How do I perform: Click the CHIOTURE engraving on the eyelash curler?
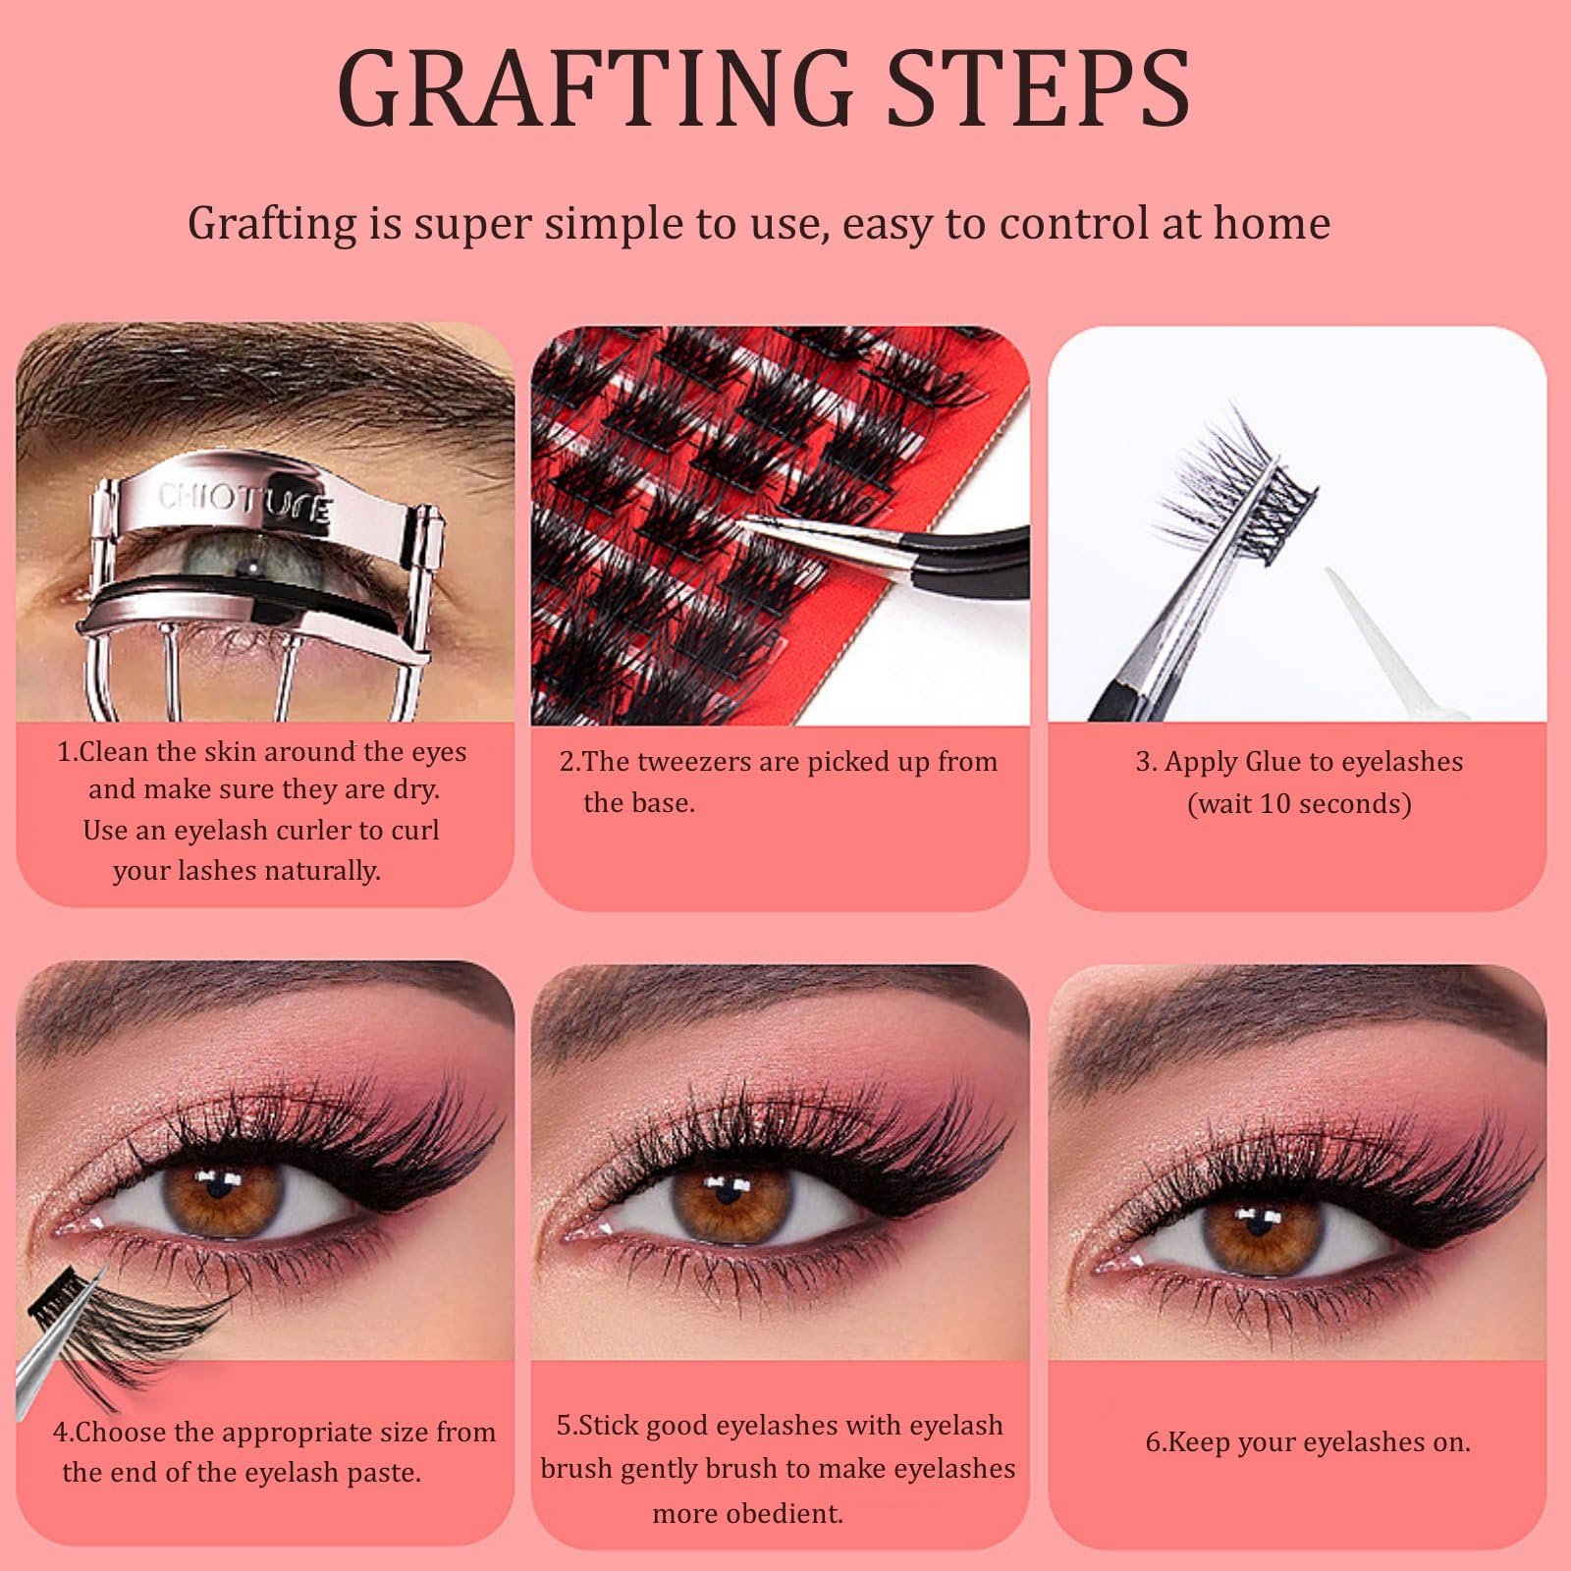point(245,504)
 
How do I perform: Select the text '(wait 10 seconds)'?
point(1299,804)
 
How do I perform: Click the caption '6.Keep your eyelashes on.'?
point(1308,1443)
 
